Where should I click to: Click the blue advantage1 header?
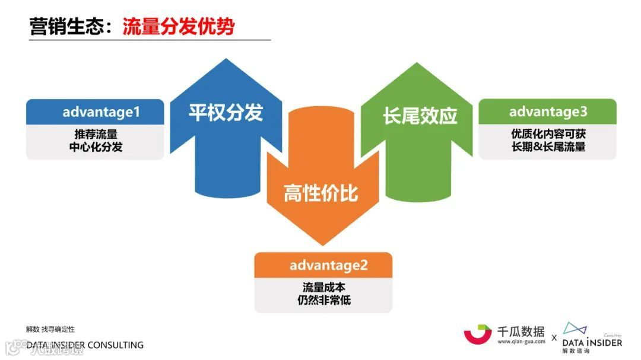[95, 111]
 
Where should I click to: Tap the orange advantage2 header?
[323, 265]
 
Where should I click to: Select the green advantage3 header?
[547, 111]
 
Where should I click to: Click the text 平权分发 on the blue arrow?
[226, 113]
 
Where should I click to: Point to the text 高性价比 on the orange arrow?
[321, 193]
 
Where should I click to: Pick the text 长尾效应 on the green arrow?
[420, 116]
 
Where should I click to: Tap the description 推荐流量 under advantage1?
[96, 135]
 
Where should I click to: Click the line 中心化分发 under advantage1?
[96, 148]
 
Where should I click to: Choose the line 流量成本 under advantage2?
[323, 288]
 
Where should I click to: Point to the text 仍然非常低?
[323, 300]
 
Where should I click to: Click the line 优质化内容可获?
[548, 135]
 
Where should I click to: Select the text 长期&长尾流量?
[548, 147]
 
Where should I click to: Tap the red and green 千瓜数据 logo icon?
[478, 334]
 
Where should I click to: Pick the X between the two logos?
[554, 337]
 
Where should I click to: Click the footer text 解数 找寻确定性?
[50, 329]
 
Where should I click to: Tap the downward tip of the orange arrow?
[321, 243]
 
